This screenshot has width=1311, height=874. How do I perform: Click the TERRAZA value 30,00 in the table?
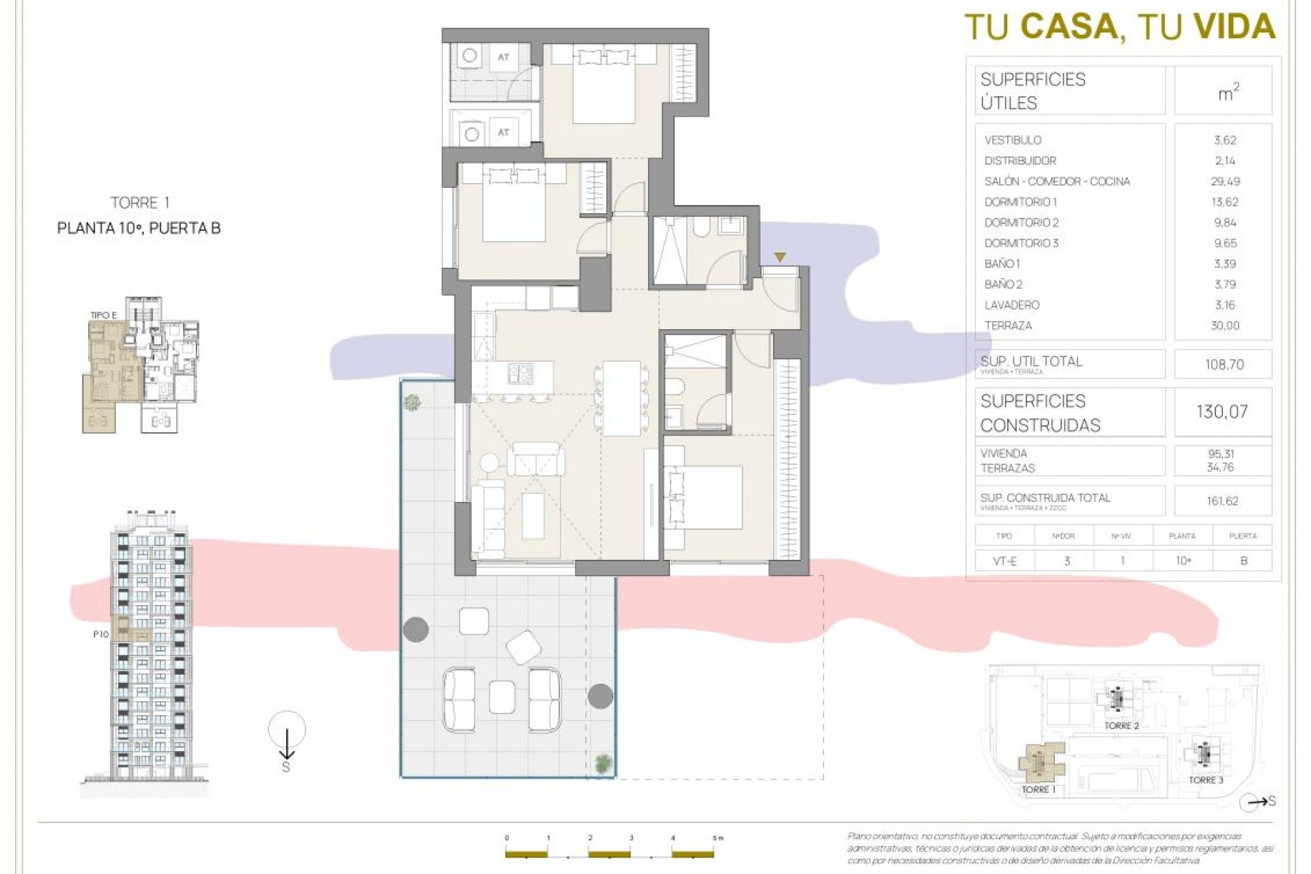[x=1224, y=326]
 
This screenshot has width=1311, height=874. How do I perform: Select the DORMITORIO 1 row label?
[x=1020, y=202]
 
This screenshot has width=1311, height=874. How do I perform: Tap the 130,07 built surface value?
[x=1222, y=412]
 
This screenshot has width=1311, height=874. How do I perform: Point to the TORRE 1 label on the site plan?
[x=1038, y=789]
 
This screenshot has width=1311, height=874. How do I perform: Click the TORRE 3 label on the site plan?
[x=1206, y=780]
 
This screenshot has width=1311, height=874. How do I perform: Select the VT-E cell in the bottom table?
[x=1004, y=561]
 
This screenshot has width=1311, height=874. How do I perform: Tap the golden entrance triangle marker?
[x=780, y=257]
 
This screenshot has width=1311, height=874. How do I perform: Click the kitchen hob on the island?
[x=520, y=373]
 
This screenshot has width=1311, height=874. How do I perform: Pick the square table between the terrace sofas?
[x=502, y=696]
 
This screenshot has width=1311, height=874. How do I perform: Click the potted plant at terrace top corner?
[x=412, y=403]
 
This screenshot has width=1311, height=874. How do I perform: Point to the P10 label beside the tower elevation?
[x=101, y=634]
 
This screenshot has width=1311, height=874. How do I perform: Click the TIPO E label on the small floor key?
[x=104, y=315]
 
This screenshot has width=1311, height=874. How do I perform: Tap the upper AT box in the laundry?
[x=503, y=57]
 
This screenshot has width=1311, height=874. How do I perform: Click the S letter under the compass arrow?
[x=286, y=767]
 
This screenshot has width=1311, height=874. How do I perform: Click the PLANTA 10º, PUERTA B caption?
[x=139, y=229]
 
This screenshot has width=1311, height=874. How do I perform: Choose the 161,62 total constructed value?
[x=1222, y=501]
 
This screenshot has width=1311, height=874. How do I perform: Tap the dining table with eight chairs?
[x=621, y=398]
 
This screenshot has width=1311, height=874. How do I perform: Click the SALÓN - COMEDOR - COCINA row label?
[x=1056, y=182]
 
